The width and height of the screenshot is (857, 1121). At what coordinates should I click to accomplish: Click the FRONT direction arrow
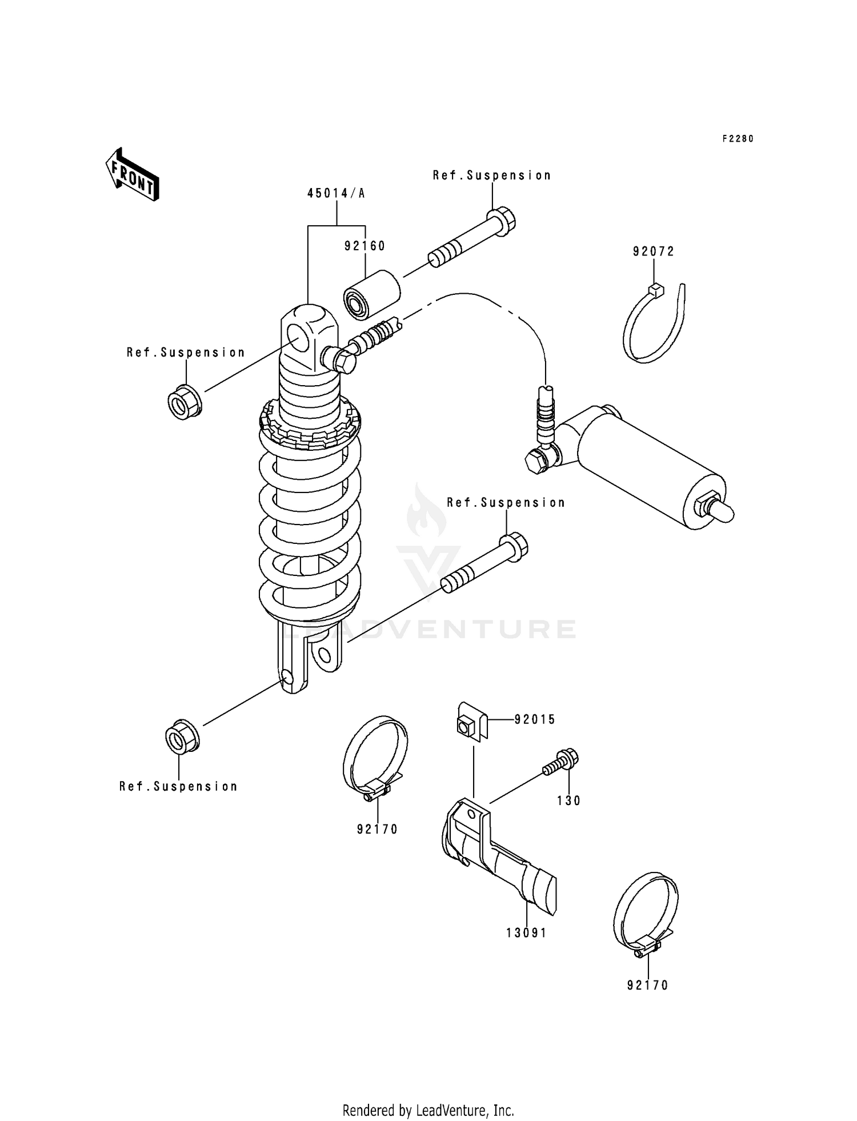[131, 175]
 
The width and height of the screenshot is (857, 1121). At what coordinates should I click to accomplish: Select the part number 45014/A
[336, 194]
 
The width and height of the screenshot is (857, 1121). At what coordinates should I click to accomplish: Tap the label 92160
[365, 246]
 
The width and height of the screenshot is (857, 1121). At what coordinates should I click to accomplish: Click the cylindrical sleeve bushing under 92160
[371, 293]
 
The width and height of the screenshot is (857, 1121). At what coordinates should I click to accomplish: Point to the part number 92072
[653, 252]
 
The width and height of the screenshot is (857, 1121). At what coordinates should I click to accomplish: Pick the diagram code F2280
[738, 139]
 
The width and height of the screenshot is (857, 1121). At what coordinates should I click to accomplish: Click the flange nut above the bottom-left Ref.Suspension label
[182, 735]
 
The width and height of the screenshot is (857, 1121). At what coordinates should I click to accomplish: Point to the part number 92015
[535, 720]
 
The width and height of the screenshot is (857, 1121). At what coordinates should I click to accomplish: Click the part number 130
[569, 801]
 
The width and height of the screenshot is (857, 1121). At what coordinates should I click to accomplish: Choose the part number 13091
[526, 933]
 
